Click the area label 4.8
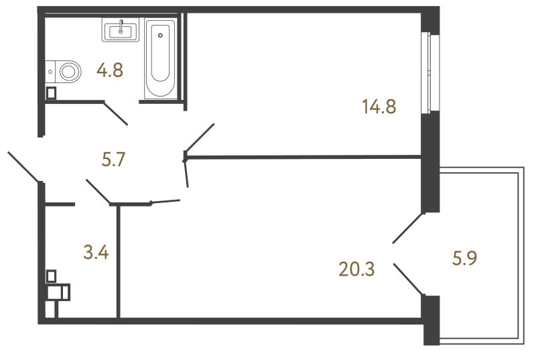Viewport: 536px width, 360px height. [x=109, y=70]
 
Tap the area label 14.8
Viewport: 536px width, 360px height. [x=380, y=106]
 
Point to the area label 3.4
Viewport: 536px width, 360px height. [x=96, y=253]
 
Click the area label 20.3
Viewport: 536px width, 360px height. [x=356, y=269]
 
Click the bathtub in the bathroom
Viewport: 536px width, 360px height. [x=161, y=61]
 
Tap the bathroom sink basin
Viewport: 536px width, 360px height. [x=121, y=30]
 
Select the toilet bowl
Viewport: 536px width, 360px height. [x=68, y=69]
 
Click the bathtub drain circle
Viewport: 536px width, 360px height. [x=160, y=34]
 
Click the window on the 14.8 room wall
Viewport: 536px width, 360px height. [x=426, y=74]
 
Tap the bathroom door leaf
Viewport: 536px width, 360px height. [x=115, y=113]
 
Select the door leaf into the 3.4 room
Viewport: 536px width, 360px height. [x=98, y=191]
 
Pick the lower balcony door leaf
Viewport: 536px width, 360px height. [x=408, y=279]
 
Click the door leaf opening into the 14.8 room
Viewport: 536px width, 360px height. [x=199, y=139]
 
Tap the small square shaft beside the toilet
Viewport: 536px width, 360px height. [x=51, y=93]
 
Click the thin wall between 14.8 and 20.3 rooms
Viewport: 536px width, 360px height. [x=301, y=157]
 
